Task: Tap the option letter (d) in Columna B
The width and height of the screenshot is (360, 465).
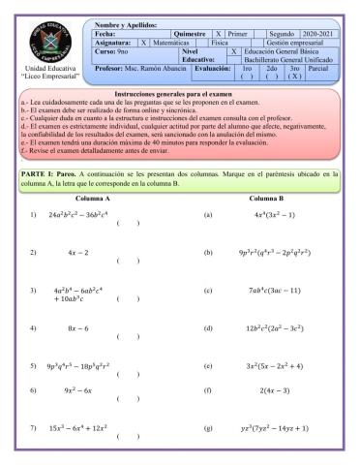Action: [208, 329]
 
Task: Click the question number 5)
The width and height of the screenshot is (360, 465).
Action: [34, 367]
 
